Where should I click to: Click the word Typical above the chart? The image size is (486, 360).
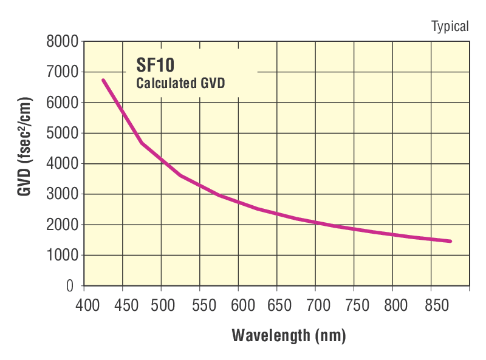[x=450, y=26]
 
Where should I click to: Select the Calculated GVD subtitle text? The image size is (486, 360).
[x=180, y=83]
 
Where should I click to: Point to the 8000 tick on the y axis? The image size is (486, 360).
[x=63, y=42]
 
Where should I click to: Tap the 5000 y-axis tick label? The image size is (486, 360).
[x=63, y=133]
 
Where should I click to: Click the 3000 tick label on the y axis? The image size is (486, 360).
[x=63, y=194]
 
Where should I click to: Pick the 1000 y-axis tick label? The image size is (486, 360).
[x=63, y=256]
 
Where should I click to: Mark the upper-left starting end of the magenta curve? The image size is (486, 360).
[x=103, y=80]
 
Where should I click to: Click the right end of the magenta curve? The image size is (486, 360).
[x=450, y=241]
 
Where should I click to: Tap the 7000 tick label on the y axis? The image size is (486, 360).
[x=63, y=72]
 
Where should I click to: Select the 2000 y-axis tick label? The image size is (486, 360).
[x=63, y=225]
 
